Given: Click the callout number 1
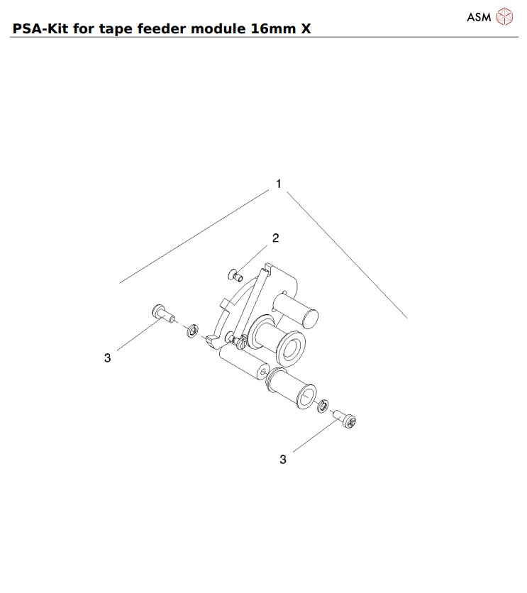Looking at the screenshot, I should coord(279,184).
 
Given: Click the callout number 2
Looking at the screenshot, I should coord(276,238).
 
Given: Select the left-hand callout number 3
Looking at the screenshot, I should coord(108,358).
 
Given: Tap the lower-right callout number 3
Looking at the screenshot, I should coord(283,460).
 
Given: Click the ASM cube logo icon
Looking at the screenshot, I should coord(504,17).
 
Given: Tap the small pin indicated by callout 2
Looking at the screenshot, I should coord(237,271).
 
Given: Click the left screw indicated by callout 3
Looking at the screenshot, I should coord(162,313).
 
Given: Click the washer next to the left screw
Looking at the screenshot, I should coord(191,330).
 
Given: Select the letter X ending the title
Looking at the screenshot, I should coord(304,29).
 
